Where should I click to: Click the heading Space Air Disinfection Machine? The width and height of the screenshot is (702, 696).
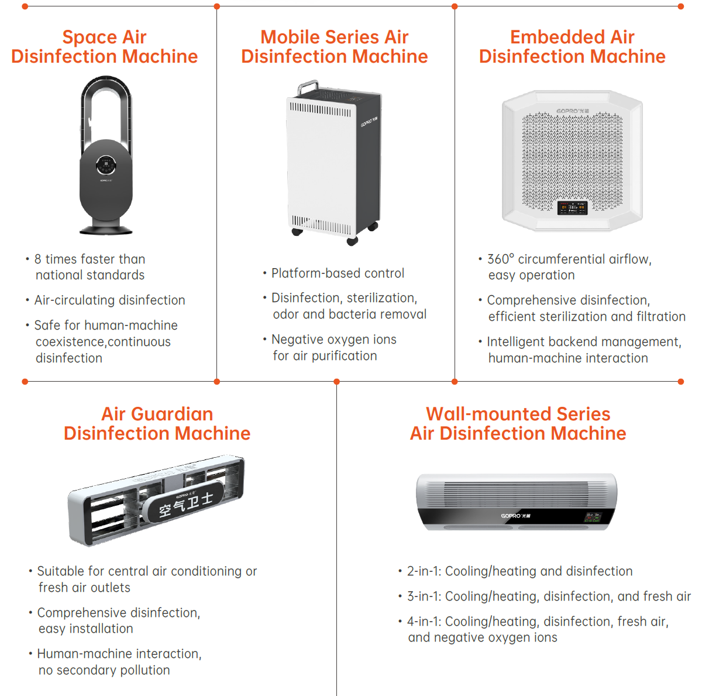coord(104,47)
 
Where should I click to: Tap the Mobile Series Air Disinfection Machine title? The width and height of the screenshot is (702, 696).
coord(334,47)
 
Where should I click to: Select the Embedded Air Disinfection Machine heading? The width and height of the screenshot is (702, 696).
coord(572,47)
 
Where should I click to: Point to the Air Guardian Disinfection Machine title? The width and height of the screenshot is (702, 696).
coord(157,423)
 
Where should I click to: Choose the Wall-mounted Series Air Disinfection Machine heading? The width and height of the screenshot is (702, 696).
coord(518,423)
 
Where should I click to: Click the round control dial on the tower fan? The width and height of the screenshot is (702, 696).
coord(106,165)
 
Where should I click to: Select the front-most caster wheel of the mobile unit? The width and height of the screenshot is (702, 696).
coord(352,241)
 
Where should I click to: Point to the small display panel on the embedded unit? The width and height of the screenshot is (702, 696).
coord(572,207)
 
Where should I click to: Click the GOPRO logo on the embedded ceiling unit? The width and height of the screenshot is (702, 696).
coord(572,111)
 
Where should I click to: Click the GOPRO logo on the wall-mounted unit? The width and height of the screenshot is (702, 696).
coord(515,516)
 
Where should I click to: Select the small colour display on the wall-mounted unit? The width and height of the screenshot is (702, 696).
coord(593,517)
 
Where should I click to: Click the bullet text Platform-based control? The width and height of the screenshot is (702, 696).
coord(338,273)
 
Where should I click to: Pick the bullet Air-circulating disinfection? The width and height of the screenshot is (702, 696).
coord(109,300)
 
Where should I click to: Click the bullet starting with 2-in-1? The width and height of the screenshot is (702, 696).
coord(519,571)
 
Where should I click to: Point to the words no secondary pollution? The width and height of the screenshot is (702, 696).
coord(104,670)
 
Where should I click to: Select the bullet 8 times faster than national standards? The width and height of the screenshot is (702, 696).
coord(90,267)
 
